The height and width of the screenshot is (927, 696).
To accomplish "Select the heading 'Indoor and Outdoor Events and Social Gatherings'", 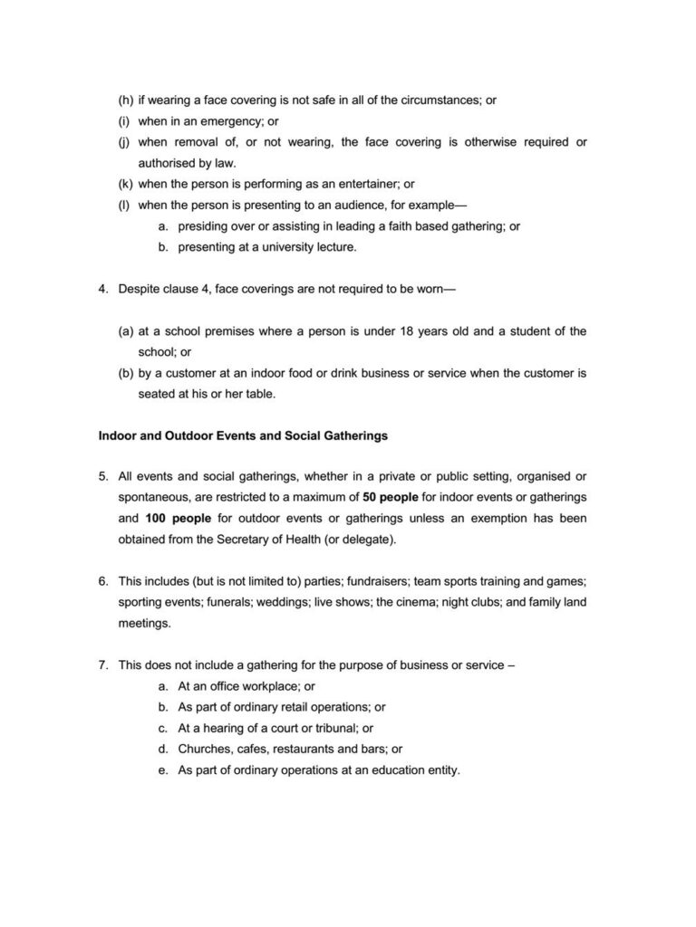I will click(x=243, y=435).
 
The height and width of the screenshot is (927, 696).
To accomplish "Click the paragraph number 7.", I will click(x=103, y=665).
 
